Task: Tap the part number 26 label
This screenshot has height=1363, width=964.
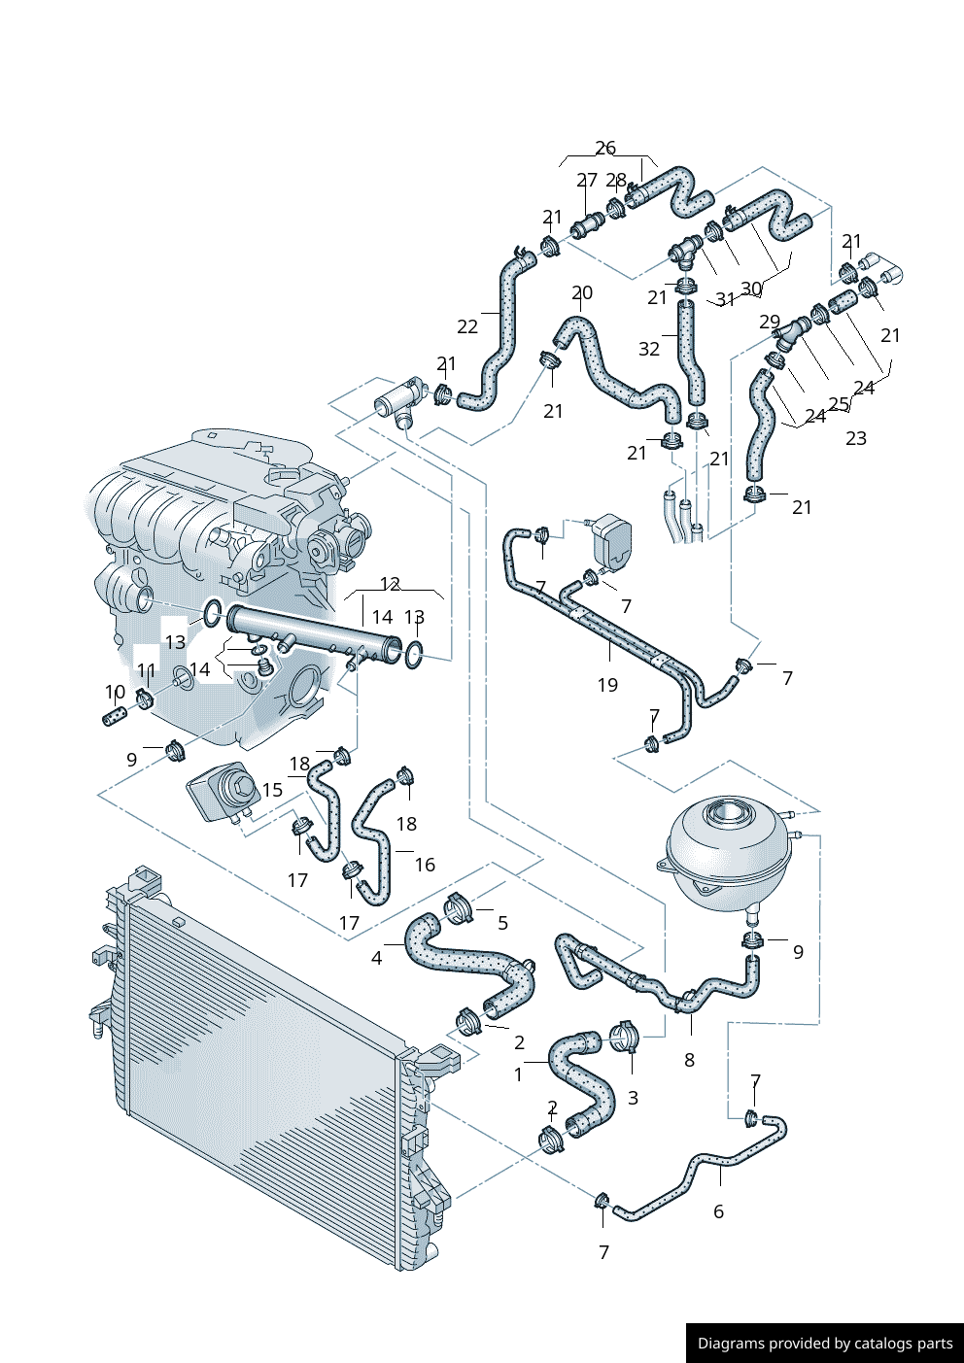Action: [x=605, y=149]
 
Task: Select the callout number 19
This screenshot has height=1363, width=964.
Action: [x=607, y=686]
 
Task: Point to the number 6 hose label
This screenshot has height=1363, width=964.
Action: [x=718, y=1211]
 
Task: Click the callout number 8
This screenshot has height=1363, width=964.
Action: [x=689, y=1061]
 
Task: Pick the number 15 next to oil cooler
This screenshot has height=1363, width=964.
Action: [x=273, y=790]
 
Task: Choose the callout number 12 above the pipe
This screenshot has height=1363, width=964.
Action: [x=390, y=585]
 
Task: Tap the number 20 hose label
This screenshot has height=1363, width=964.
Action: [x=582, y=293]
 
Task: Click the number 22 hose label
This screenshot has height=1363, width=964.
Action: [x=467, y=327]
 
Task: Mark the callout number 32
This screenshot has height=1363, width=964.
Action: [x=649, y=349]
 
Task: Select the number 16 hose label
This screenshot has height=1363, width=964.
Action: [x=425, y=865]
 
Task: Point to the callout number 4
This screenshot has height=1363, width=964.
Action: [x=377, y=959]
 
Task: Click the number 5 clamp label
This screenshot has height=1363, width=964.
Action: [x=502, y=923]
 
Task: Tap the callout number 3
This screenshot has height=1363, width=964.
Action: [x=633, y=1098]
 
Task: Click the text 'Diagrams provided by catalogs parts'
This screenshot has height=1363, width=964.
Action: [x=825, y=1344]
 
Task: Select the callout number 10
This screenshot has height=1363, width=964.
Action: [x=116, y=693]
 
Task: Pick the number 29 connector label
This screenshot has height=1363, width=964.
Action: [x=770, y=322]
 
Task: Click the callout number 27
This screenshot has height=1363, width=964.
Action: [x=587, y=181]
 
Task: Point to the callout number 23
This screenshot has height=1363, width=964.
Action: [x=855, y=438]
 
